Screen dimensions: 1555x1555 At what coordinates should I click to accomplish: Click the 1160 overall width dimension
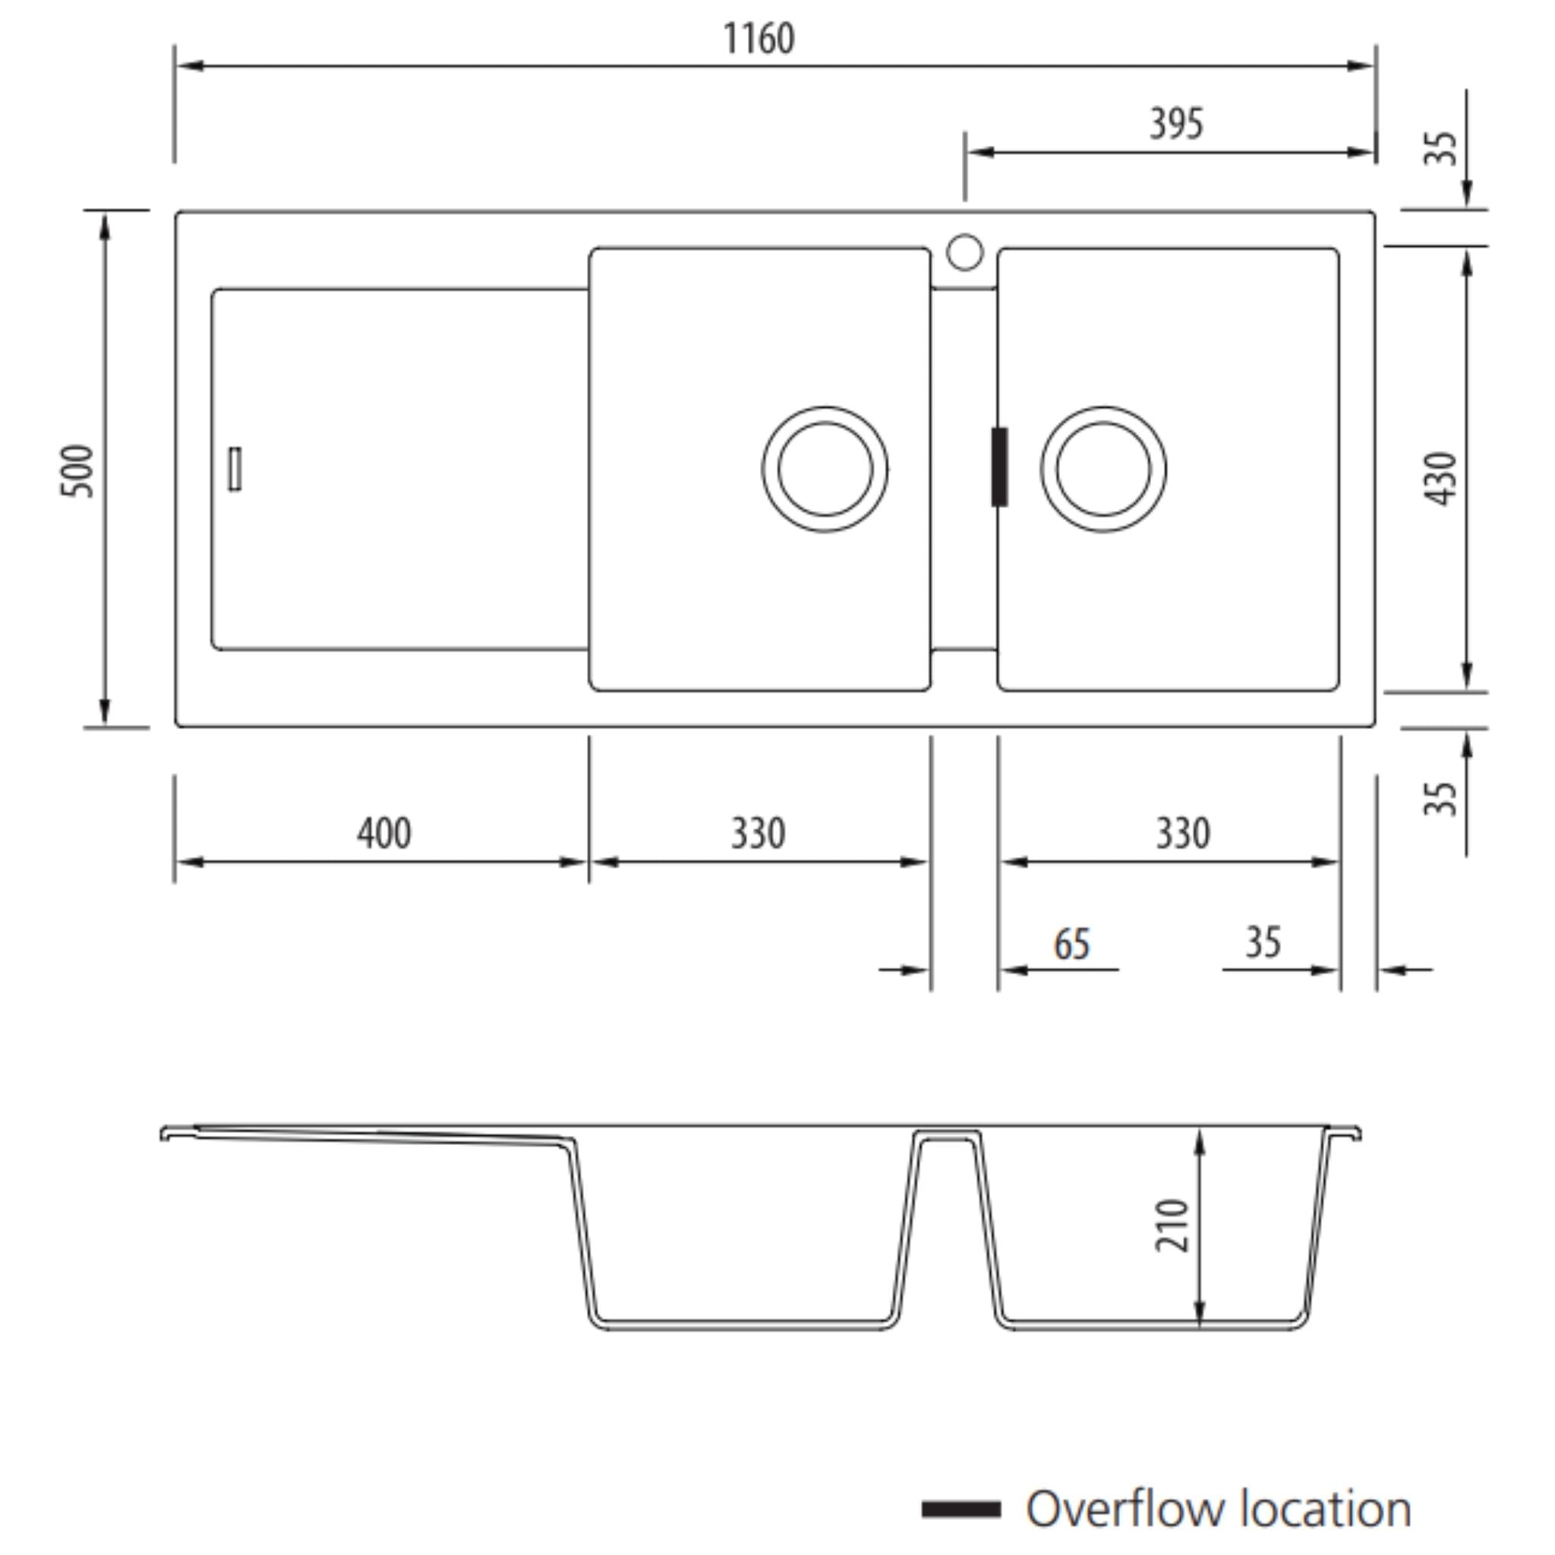click(x=759, y=39)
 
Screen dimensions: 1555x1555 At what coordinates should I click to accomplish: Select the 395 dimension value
click(x=1176, y=124)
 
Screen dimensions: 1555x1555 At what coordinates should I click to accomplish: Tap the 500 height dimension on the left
click(x=77, y=470)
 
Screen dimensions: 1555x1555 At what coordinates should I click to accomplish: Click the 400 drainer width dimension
click(x=384, y=833)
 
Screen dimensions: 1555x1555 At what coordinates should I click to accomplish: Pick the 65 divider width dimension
click(x=1072, y=944)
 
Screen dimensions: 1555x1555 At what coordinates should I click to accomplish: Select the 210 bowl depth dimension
click(x=1172, y=1225)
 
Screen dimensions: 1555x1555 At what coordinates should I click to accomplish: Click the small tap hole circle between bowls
click(x=964, y=252)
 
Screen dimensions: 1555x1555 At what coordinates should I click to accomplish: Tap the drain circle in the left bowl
click(x=825, y=469)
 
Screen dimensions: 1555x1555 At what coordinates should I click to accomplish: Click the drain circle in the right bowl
click(x=1102, y=469)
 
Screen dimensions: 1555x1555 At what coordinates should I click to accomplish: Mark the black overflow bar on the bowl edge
click(x=999, y=467)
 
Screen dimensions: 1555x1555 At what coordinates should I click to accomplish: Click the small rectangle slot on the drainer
click(x=235, y=468)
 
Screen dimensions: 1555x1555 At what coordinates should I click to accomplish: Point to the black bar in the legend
click(x=961, y=1509)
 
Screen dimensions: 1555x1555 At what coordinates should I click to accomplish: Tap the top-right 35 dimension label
click(x=1440, y=148)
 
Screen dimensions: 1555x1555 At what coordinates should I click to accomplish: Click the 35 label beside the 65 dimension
click(x=1263, y=942)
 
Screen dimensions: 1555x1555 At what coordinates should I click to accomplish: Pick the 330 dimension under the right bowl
click(x=1182, y=833)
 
